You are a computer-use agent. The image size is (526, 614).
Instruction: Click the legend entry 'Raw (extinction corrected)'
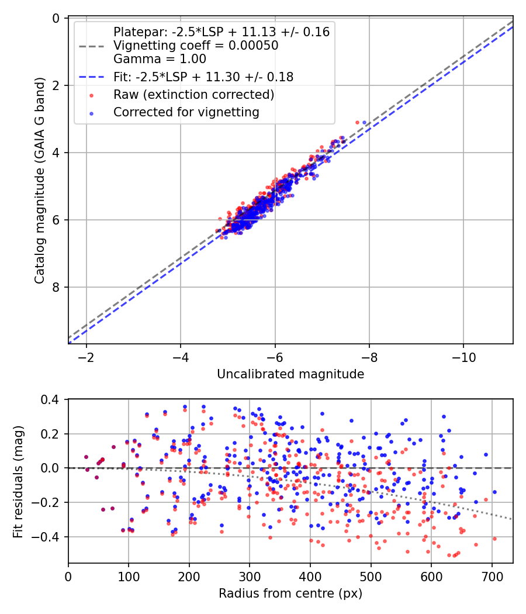pyautogui.click(x=194, y=94)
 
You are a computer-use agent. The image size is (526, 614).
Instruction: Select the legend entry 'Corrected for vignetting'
pyautogui.click(x=186, y=112)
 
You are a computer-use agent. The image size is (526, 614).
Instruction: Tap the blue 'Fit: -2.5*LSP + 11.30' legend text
pyautogui.click(x=203, y=77)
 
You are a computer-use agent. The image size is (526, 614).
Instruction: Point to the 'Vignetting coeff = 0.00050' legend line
pyautogui.click(x=196, y=46)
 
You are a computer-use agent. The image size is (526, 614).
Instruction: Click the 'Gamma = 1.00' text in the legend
pyautogui.click(x=160, y=58)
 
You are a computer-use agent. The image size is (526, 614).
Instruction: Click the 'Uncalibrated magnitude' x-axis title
pyautogui.click(x=290, y=374)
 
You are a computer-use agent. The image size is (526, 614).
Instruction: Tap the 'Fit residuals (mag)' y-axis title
pyautogui.click(x=18, y=481)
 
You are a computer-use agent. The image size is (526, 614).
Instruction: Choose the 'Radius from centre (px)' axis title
pyautogui.click(x=290, y=594)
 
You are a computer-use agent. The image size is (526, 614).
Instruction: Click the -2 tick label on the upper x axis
pyautogui.click(x=86, y=356)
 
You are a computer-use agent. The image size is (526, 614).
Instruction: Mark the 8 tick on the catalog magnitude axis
pyautogui.click(x=56, y=287)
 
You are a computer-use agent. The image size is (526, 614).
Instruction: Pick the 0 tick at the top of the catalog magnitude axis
pyautogui.click(x=56, y=18)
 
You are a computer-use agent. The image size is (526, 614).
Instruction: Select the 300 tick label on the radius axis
pyautogui.click(x=250, y=575)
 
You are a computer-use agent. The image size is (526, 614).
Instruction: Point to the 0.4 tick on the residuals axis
pyautogui.click(x=53, y=399)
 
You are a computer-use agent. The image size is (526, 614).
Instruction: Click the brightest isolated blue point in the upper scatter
pyautogui.click(x=365, y=122)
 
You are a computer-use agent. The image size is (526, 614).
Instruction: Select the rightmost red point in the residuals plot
pyautogui.click(x=494, y=539)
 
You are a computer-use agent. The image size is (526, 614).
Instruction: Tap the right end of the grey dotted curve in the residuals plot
pyautogui.click(x=513, y=519)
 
